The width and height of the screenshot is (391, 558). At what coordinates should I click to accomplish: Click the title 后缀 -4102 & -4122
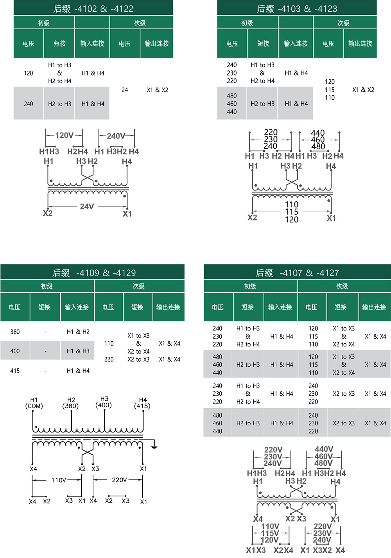coord(93,9)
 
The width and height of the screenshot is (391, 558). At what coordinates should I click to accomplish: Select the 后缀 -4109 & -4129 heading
coord(94,273)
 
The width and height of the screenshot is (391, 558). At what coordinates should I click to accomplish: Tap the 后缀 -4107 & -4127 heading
coord(297,273)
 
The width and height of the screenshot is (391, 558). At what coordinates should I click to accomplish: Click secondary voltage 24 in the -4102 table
coord(124,90)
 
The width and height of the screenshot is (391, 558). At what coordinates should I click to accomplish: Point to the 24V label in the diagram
coord(87,206)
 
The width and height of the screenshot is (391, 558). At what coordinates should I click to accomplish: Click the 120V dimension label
coord(64,135)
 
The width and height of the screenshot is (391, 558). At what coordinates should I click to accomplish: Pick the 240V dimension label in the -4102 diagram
coord(116,136)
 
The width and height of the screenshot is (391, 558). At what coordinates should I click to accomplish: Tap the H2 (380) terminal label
coord(71,403)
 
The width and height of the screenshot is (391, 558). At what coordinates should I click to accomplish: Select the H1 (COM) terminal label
coord(34,403)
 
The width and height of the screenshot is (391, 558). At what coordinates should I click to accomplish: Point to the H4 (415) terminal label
coord(142,403)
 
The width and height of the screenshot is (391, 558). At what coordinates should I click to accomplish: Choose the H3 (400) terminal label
coord(104,402)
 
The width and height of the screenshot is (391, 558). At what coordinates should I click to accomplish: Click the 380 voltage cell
coord(15,332)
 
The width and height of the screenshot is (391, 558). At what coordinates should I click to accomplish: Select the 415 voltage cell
coord(15,371)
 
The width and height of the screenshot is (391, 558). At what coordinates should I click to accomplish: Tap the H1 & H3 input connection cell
coord(78,351)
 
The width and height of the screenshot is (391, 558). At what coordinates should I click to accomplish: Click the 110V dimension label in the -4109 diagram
coord(59,480)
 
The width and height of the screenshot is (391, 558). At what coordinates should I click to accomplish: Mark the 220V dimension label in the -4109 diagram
coord(119,480)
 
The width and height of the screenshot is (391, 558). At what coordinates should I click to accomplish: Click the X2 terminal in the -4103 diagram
coord(252,217)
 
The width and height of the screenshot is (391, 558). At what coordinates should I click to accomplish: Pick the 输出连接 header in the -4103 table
coord(360,43)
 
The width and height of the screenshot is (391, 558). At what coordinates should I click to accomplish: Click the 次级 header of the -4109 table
coord(139,286)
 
